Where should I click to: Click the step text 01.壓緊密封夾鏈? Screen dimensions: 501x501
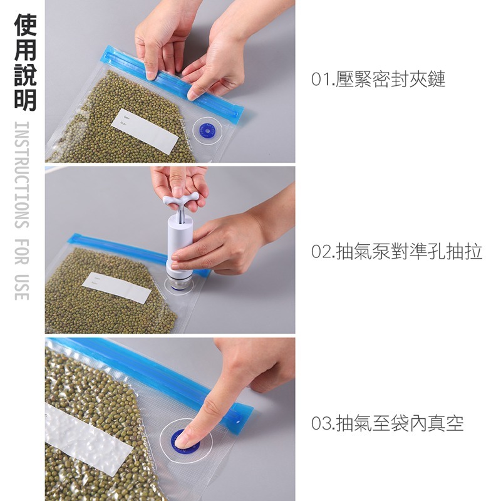point(378,80)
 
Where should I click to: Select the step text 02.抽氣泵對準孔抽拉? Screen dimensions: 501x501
point(396,252)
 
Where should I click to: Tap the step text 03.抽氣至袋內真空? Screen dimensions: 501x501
point(387,423)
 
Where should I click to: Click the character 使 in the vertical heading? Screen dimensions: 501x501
point(25,25)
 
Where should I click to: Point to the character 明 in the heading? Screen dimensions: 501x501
point(25,100)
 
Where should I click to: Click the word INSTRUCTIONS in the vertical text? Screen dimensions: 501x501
point(22,175)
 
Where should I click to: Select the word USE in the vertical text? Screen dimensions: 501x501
point(22,287)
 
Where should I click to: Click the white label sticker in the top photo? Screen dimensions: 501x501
point(145,132)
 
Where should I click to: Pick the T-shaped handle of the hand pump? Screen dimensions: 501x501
point(181,200)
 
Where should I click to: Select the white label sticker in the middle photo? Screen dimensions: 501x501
point(116,287)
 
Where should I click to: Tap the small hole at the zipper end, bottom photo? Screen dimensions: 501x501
point(239,421)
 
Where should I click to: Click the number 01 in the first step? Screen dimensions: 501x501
point(321,80)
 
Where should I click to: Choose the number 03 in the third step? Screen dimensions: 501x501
point(321,423)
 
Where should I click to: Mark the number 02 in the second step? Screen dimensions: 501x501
point(321,252)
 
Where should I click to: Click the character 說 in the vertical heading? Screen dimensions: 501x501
point(25,75)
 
